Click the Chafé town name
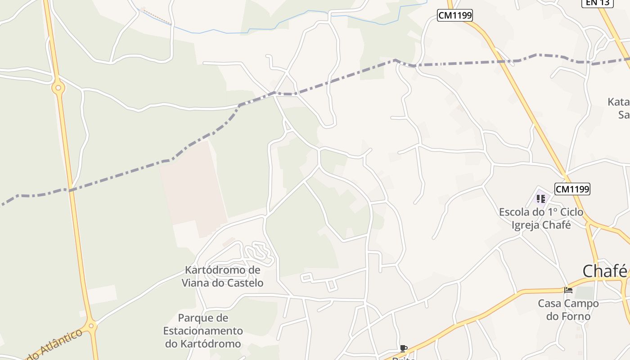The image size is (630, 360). (604, 271)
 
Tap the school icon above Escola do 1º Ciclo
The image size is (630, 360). (541, 198)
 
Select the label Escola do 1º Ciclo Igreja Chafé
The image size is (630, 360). (541, 218)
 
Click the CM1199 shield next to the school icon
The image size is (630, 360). (572, 189)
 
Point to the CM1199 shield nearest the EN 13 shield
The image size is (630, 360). (455, 16)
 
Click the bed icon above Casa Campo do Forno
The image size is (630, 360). (568, 290)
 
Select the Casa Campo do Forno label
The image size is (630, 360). (568, 310)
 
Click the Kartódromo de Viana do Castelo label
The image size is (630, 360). (223, 276)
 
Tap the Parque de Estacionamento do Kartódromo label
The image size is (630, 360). (203, 331)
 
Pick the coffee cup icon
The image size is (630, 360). (403, 348)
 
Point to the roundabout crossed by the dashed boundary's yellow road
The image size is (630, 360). (58, 88)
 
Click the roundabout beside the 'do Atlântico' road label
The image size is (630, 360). (91, 325)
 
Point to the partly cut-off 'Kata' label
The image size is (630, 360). (618, 102)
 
